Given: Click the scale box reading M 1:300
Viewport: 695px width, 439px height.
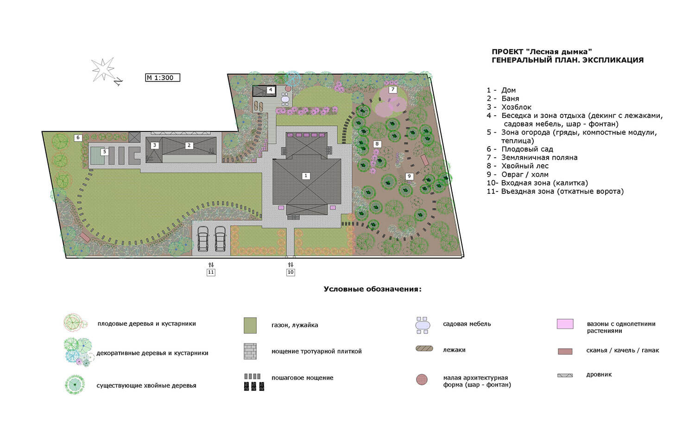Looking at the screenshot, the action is (163, 77).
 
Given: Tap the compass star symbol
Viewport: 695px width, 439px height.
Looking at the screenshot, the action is (103, 69).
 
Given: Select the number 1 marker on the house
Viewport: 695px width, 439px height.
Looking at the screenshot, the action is (306, 176).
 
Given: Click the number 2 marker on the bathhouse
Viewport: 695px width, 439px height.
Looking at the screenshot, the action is (189, 145).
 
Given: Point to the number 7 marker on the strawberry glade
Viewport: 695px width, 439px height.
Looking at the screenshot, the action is (393, 90).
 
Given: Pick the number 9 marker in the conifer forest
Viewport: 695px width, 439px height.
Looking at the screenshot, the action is (409, 176).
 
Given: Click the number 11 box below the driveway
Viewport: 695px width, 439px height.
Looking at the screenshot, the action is (211, 272).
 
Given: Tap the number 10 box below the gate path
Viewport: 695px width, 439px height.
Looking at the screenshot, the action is (291, 272).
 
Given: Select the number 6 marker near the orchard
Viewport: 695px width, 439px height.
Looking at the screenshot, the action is (78, 137).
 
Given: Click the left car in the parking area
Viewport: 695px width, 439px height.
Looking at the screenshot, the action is (203, 239).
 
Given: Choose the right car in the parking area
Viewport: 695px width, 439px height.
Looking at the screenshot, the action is (220, 239).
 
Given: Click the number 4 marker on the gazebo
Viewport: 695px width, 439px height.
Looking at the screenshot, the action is (271, 90).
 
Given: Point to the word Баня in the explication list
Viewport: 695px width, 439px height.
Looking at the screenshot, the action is (510, 99).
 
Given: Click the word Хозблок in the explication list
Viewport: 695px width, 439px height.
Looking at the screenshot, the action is (516, 107).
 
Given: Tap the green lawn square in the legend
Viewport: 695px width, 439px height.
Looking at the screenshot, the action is (250, 325).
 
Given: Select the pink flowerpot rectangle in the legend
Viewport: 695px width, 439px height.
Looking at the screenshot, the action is (565, 324).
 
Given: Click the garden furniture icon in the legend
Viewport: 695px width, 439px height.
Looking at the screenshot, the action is (423, 325).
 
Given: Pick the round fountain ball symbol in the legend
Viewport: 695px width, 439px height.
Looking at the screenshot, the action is (422, 379).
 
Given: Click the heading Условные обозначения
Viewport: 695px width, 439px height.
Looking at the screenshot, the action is (373, 289).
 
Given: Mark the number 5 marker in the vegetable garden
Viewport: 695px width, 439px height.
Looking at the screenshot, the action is (105, 152).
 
